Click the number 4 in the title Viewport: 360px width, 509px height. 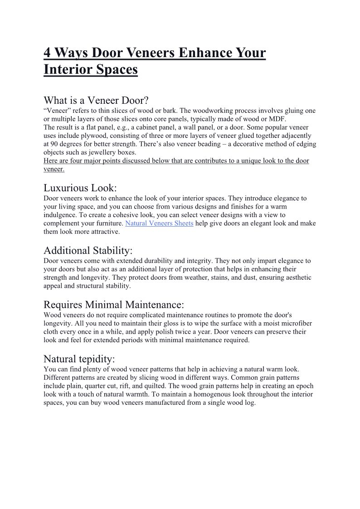pos(48,53)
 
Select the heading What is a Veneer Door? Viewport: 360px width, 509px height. pos(96,100)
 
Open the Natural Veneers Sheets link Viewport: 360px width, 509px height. pos(159,223)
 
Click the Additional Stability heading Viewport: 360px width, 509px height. pos(88,250)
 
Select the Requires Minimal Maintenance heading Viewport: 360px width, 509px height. pos(114,304)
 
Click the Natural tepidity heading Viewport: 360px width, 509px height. pos(79,359)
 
